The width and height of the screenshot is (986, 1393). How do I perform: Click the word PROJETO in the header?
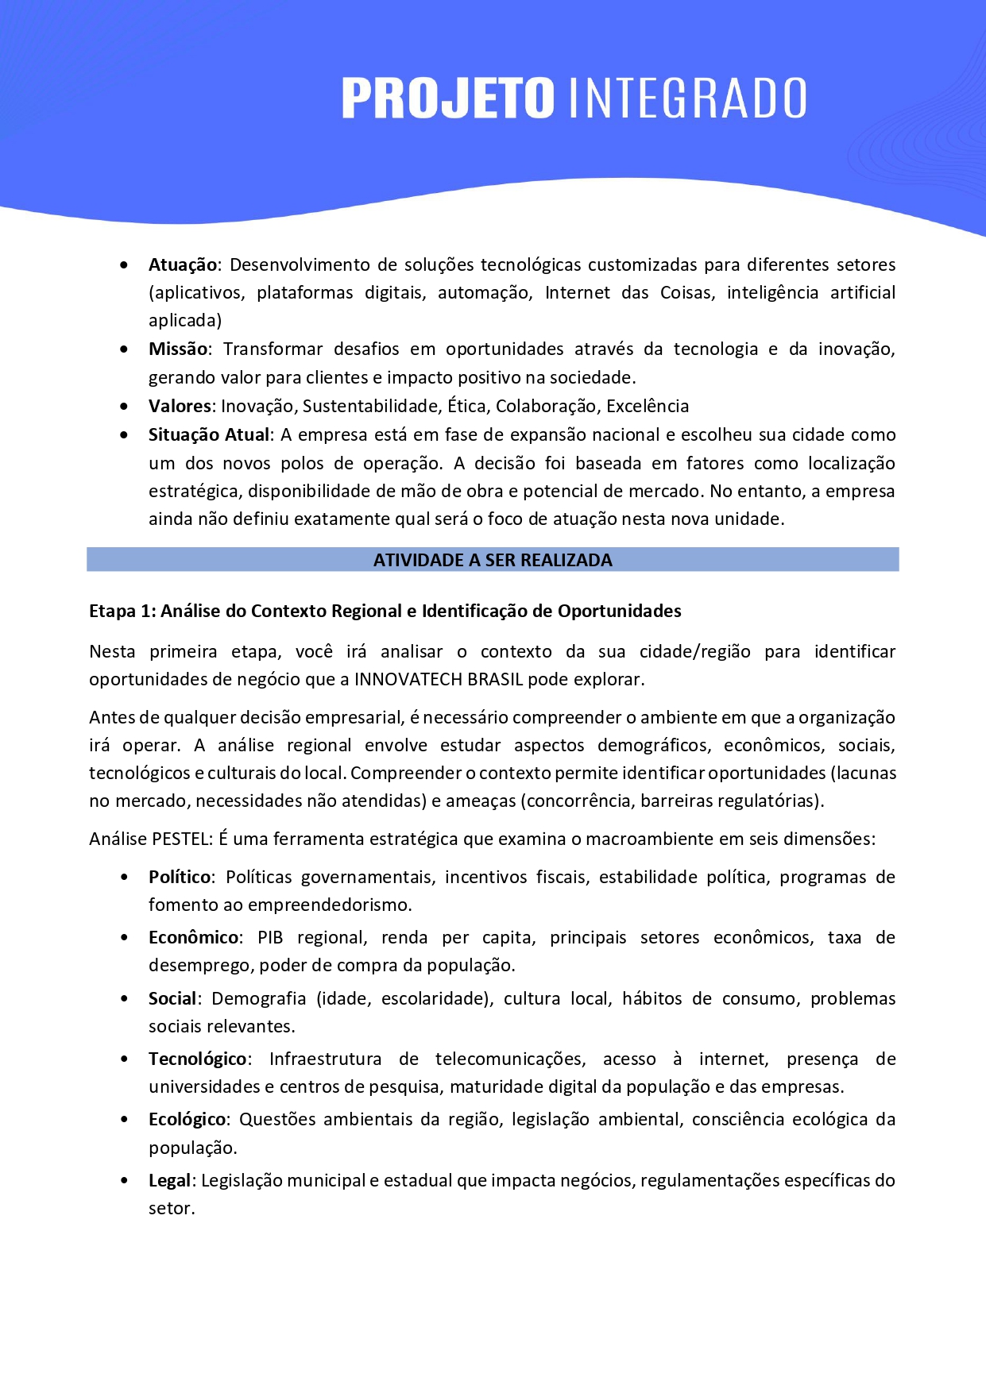pyautogui.click(x=447, y=98)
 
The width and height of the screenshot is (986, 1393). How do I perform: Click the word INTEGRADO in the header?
pyautogui.click(x=688, y=98)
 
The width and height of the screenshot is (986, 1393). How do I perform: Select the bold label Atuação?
pyautogui.click(x=183, y=264)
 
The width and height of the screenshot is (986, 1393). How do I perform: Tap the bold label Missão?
pyautogui.click(x=178, y=349)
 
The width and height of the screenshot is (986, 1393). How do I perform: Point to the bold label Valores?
pyautogui.click(x=180, y=406)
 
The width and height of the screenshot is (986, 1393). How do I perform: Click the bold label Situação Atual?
pyautogui.click(x=209, y=434)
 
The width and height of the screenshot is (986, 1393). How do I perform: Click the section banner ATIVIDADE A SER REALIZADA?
pyautogui.click(x=493, y=560)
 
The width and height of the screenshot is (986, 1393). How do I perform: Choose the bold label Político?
pyautogui.click(x=180, y=877)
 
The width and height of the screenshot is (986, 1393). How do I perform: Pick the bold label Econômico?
pyautogui.click(x=193, y=937)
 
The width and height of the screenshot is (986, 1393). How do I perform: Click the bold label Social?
pyautogui.click(x=172, y=998)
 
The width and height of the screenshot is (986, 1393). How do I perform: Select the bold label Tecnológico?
pyautogui.click(x=197, y=1059)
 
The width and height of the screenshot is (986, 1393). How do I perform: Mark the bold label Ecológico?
pyautogui.click(x=188, y=1119)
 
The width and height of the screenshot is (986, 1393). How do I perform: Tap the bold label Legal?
pyautogui.click(x=169, y=1180)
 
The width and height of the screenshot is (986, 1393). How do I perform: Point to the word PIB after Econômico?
pyautogui.click(x=270, y=937)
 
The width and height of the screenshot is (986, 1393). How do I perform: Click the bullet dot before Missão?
pyautogui.click(x=124, y=349)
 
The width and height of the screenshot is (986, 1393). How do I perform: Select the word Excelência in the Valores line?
pyautogui.click(x=648, y=406)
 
